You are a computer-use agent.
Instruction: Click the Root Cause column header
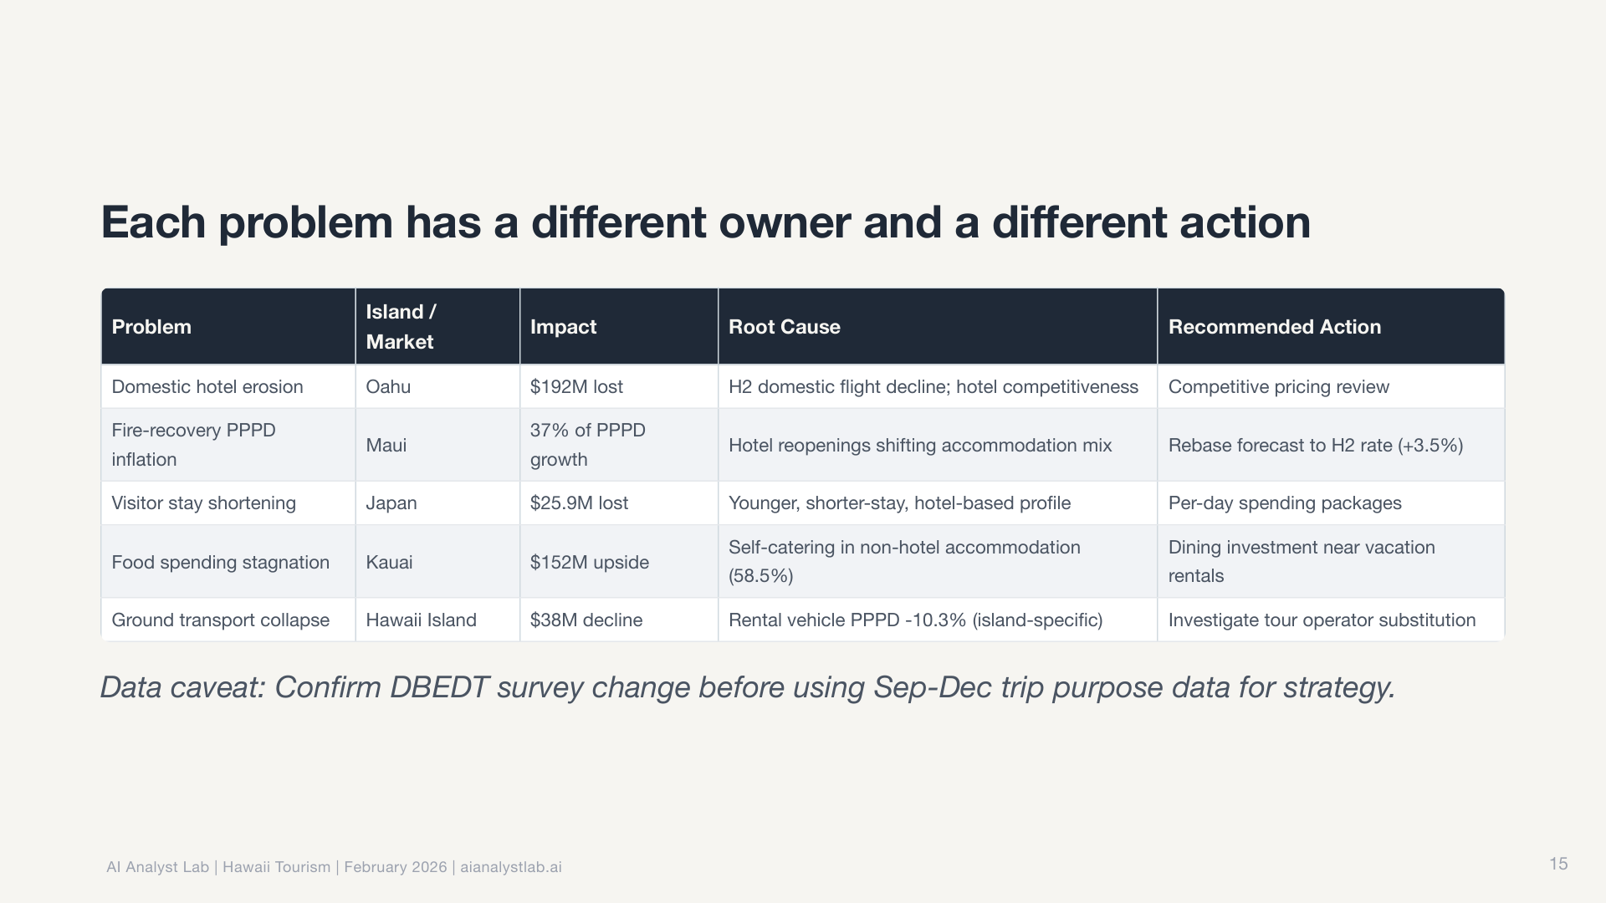[x=784, y=327]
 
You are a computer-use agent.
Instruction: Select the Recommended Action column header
[x=1274, y=327]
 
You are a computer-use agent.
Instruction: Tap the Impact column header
[x=563, y=327]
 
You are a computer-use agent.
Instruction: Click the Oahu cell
[x=388, y=386]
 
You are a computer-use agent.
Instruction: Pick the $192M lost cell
[x=576, y=386]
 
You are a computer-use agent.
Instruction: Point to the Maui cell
[x=386, y=445]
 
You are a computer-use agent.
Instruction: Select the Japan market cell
[x=391, y=503]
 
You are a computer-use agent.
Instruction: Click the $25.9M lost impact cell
[x=579, y=503]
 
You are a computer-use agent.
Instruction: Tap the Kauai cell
[x=389, y=562]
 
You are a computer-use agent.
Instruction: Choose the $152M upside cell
[x=590, y=562]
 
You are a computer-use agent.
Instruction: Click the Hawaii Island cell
[x=421, y=620]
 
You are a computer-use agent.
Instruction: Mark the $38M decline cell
[x=586, y=620]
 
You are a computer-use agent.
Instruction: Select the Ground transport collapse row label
[x=220, y=620]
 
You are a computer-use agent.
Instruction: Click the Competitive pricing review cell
[x=1278, y=386]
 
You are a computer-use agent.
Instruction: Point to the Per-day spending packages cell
[x=1285, y=503]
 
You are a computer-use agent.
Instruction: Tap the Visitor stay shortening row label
[x=203, y=503]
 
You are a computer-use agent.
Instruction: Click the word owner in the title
[x=785, y=223]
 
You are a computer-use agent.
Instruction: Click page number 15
[x=1558, y=864]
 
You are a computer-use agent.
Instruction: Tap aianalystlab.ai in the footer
[x=511, y=867]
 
